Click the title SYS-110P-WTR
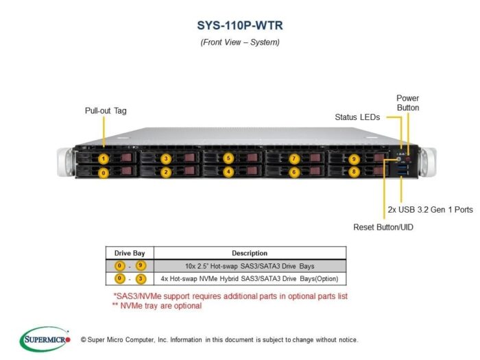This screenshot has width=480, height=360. pos(240,25)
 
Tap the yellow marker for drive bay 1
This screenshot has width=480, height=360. pos(104,159)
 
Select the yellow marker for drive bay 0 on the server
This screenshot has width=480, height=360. pos(104,173)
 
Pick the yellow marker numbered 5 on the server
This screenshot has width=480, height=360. pos(228,158)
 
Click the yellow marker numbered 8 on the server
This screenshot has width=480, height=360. pos(354,171)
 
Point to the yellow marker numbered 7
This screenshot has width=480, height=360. pos(294,158)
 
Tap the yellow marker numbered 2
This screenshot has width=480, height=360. pos(166,172)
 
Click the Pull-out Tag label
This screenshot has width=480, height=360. pos(106,110)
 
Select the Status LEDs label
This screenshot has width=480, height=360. pos(357,117)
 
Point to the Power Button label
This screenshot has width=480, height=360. pos(408,103)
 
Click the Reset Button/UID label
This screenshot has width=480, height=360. pos(383,227)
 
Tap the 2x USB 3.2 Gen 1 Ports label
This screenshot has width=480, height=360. pos(430,210)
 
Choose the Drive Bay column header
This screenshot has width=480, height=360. pos(130,253)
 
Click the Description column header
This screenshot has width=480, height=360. pos(250,253)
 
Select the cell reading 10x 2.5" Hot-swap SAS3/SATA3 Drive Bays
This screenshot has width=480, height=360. pos(250,266)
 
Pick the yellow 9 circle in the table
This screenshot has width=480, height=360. pos(141,265)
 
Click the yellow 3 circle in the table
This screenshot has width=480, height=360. pos(141,278)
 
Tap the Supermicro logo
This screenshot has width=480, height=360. pos(45,339)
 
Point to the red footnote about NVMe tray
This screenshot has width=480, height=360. pos(157,306)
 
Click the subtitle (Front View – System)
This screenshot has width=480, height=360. pos(240,42)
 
